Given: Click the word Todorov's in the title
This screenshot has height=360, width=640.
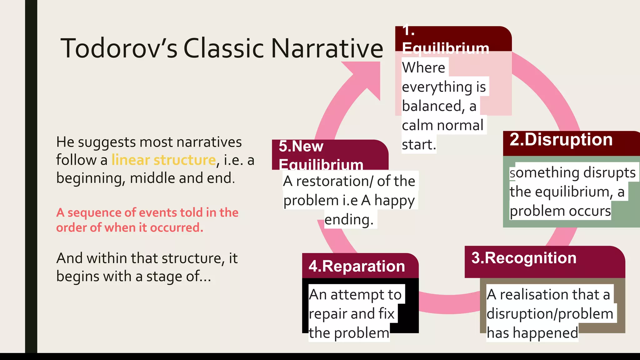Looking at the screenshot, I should click(119, 48).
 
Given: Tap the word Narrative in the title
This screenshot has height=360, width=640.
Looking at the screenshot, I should click(327, 48).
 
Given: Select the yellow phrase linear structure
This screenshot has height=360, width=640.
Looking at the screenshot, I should click(163, 160).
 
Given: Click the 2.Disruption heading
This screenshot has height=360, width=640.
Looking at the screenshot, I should click(561, 139).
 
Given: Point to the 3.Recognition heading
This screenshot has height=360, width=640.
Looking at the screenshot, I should click(524, 258).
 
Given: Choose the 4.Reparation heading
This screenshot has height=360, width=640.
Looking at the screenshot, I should click(357, 266).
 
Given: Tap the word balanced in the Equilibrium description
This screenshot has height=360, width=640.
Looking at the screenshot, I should click(431, 106).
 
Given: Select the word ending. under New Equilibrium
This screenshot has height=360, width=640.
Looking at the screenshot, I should click(349, 219).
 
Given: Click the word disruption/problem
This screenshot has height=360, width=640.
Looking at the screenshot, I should click(550, 314).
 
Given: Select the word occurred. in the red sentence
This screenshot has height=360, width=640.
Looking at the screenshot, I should click(177, 227).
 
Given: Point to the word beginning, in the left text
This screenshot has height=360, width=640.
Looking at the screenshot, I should click(91, 178).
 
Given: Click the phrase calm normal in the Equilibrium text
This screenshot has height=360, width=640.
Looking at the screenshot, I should click(442, 125).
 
